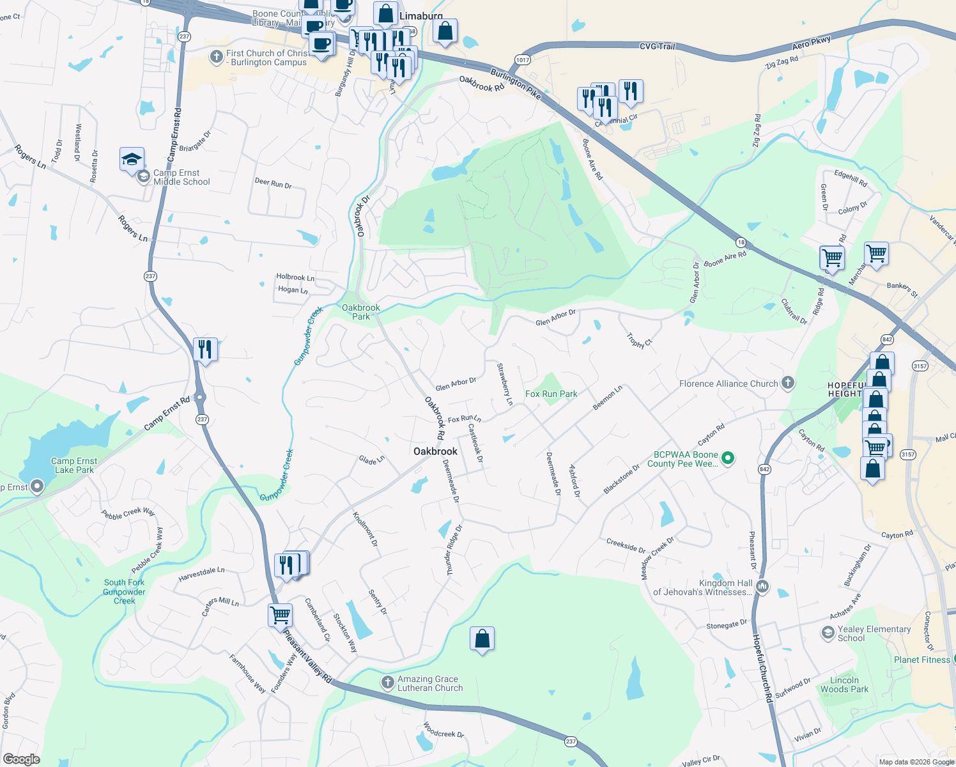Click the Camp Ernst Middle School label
(181, 177)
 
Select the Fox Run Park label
(551, 394)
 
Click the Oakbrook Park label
(361, 312)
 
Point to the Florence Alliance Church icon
(788, 383)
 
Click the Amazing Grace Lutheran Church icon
(387, 683)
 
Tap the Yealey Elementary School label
(874, 633)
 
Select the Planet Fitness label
(921, 660)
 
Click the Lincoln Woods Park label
(844, 685)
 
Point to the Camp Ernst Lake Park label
(74, 465)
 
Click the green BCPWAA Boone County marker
(727, 458)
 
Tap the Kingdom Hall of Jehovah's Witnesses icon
(762, 586)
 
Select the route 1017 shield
(523, 60)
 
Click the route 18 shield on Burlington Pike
(741, 242)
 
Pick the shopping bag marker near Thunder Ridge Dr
(482, 639)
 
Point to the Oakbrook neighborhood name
(435, 451)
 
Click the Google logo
(21, 759)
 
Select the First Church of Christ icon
(216, 58)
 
